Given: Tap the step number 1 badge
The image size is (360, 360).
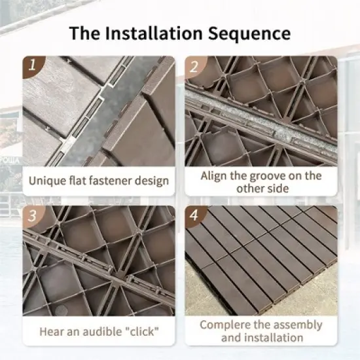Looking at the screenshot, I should pos(31,66).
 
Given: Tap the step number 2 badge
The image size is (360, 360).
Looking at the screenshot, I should pos(194,66).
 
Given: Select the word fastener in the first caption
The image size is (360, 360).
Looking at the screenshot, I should pos(108,181).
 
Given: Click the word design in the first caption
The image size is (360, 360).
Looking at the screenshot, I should pos(150,181).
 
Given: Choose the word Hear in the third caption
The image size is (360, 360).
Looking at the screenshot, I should pos(51,331).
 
